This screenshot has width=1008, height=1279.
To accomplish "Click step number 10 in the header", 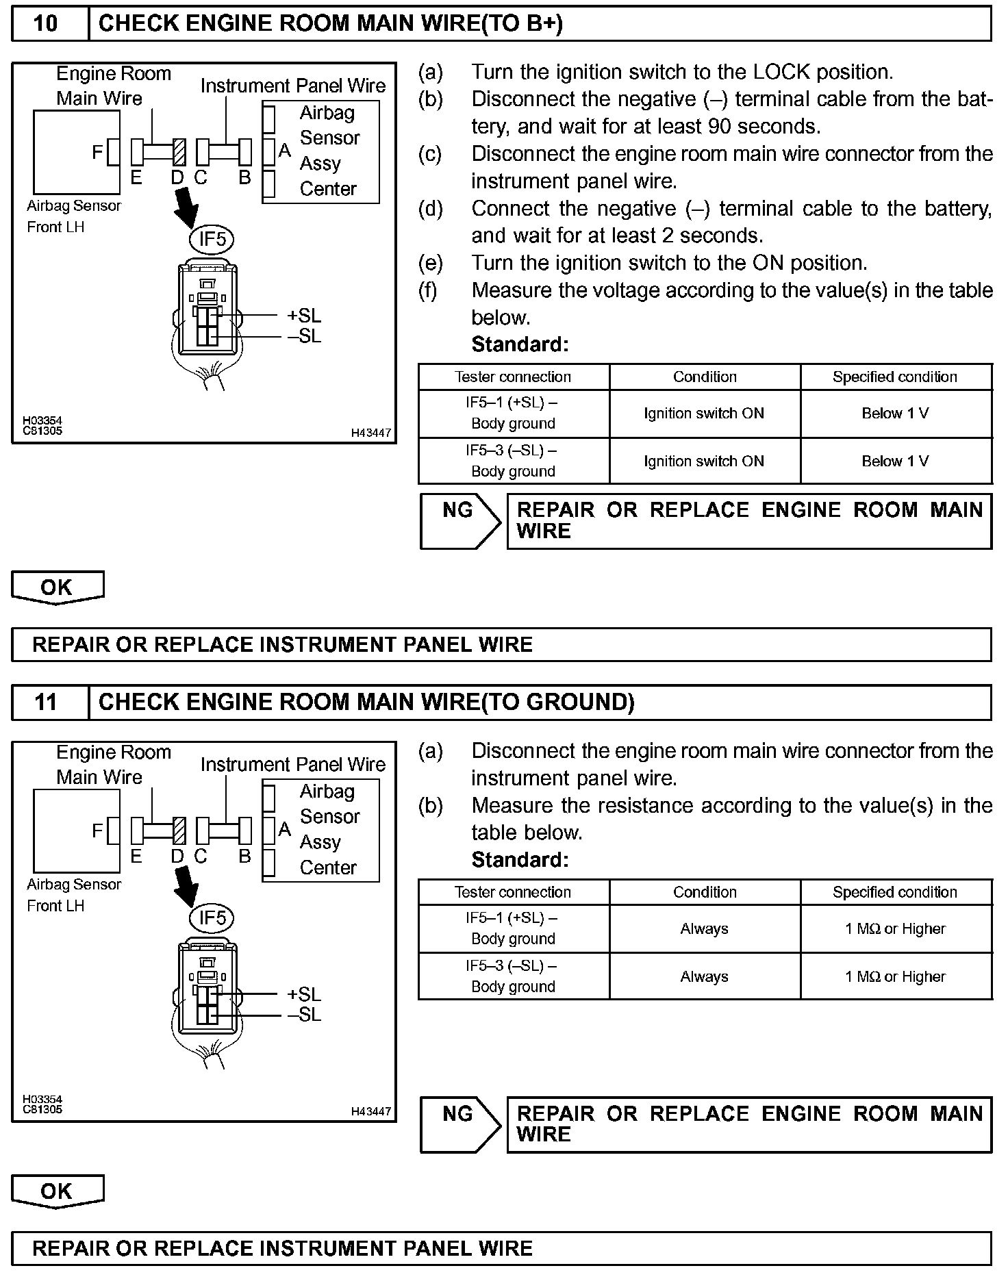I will pyautogui.click(x=46, y=24).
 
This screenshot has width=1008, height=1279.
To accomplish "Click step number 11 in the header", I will pyautogui.click(x=46, y=702).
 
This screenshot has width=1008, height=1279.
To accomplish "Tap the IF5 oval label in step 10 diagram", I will pyautogui.click(x=212, y=239).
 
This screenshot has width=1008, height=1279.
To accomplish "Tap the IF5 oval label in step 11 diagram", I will pyautogui.click(x=212, y=917).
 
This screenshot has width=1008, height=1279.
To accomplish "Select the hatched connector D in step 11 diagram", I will pyautogui.click(x=179, y=831).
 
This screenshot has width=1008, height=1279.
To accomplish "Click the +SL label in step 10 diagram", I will pyautogui.click(x=304, y=316).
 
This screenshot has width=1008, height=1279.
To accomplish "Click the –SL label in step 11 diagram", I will pyautogui.click(x=304, y=1015).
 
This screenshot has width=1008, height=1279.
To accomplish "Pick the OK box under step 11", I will pyautogui.click(x=57, y=1191).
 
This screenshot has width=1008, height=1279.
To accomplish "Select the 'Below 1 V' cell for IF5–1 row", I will pyautogui.click(x=895, y=414).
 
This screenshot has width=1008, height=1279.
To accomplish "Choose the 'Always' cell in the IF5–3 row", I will pyautogui.click(x=704, y=977).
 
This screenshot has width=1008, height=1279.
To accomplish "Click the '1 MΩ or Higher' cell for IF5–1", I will pyautogui.click(x=895, y=929).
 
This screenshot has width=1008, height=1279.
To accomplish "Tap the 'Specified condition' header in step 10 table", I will pyautogui.click(x=895, y=377).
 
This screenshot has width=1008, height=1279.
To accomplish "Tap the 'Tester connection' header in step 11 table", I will pyautogui.click(x=513, y=892).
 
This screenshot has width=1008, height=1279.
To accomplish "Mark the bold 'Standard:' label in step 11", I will pyautogui.click(x=520, y=860).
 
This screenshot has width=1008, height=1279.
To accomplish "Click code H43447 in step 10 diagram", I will pyautogui.click(x=370, y=433).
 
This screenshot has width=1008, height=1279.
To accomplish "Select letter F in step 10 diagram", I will pyautogui.click(x=97, y=152).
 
